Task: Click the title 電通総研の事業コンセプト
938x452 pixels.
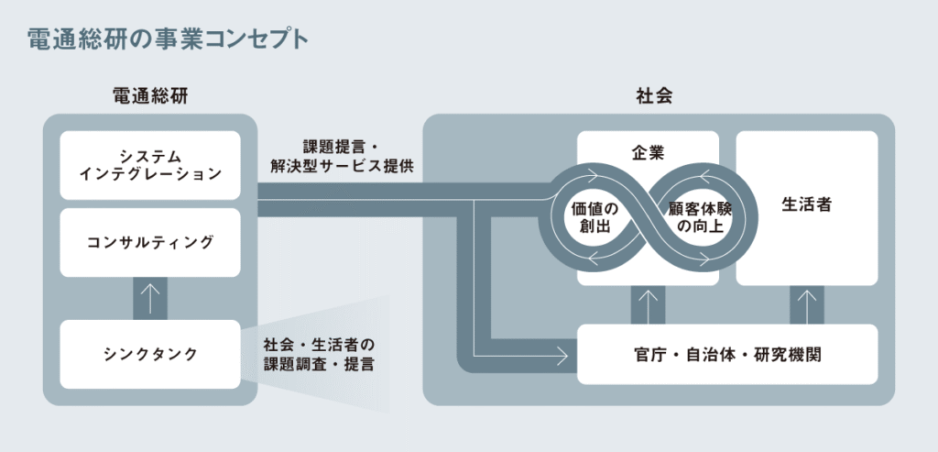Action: (x=167, y=39)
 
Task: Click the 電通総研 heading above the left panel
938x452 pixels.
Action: (x=150, y=94)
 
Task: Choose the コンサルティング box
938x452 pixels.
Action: (x=150, y=242)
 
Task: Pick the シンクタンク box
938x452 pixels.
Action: (x=150, y=353)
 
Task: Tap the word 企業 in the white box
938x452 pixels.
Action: (x=648, y=149)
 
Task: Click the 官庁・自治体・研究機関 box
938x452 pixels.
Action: (x=727, y=353)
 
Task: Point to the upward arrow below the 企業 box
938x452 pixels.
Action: (x=648, y=303)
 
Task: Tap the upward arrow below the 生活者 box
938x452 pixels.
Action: (x=806, y=303)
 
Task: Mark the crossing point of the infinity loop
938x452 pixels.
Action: (x=648, y=216)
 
